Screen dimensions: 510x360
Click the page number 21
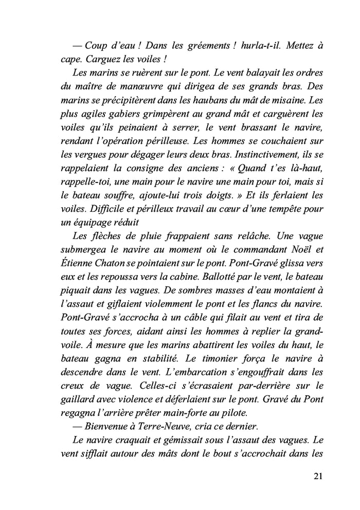click(317, 476)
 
